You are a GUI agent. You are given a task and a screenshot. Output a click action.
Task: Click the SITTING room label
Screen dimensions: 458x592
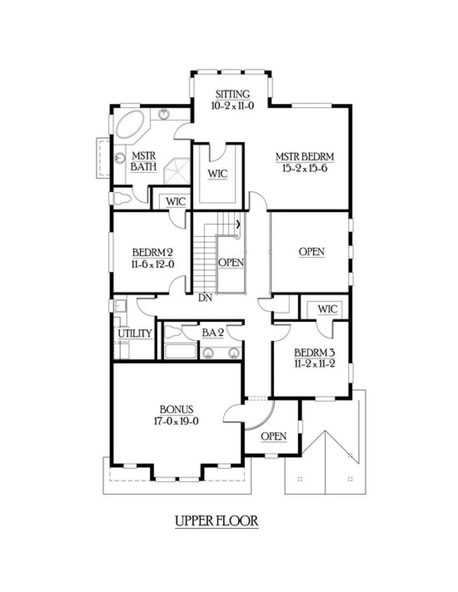point(232,94)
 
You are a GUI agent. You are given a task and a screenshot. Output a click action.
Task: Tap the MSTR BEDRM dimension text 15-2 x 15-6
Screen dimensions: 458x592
point(305,168)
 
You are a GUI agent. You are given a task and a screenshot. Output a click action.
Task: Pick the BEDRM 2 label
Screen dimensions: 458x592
point(153,253)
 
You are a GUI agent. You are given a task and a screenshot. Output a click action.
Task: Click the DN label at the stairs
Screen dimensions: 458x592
point(205,298)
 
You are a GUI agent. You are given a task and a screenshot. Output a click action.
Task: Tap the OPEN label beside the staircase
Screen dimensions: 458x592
point(231,263)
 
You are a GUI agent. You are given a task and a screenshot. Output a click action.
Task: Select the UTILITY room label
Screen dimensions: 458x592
point(135,333)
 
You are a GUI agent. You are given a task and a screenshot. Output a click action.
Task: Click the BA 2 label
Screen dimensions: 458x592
point(213,332)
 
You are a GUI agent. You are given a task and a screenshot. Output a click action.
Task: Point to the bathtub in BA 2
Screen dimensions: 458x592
point(180,352)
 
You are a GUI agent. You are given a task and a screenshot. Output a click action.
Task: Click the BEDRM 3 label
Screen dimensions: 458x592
point(314,353)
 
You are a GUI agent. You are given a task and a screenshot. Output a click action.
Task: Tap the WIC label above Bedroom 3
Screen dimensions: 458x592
point(327,309)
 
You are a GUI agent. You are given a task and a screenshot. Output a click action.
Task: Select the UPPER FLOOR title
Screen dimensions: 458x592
point(216,521)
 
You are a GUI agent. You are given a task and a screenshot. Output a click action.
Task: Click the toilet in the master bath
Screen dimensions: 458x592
point(121,198)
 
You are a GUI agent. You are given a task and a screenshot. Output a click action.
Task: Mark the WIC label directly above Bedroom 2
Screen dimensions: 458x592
point(176,202)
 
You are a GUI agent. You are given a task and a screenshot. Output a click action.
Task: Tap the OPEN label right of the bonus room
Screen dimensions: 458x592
point(274,437)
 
